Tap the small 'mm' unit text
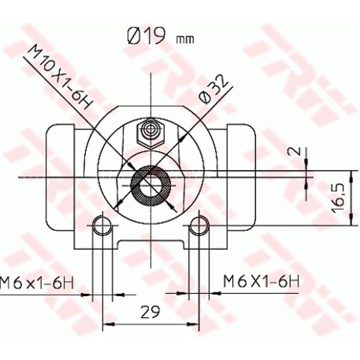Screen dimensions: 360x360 pyautogui.click(x=185, y=40)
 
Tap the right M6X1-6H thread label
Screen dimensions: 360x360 pyautogui.click(x=261, y=282)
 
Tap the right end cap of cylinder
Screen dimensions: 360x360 pyautogui.click(x=241, y=175)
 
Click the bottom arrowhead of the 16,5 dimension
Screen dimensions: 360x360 pyautogui.click(x=351, y=221)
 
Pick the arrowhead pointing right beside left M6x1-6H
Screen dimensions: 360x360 pyautogui.click(x=87, y=294)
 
